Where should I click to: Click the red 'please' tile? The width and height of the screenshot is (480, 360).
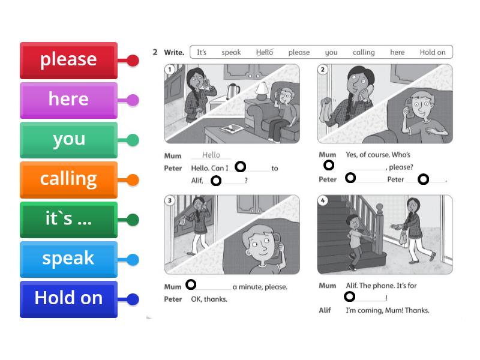click(68, 59)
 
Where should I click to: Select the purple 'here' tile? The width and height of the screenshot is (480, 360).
click(68, 99)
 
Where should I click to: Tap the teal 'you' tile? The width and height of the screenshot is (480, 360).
click(68, 139)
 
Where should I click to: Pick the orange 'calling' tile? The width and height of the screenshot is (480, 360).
click(68, 179)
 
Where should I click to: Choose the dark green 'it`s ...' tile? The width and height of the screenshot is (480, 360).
click(68, 219)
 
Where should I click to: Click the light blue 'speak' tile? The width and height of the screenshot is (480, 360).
click(68, 259)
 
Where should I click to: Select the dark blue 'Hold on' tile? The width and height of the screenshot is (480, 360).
click(68, 298)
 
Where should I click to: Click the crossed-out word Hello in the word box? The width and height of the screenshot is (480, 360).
click(264, 52)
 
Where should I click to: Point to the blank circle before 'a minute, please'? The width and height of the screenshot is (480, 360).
click(191, 284)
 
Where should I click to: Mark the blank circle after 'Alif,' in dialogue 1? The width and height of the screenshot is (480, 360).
click(216, 180)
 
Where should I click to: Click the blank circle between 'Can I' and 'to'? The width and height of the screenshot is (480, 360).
click(240, 167)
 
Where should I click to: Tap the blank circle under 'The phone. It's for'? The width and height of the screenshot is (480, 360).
click(349, 296)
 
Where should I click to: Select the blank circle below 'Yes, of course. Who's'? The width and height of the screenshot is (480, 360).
click(329, 165)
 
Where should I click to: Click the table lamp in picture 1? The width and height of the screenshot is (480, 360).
click(262, 91)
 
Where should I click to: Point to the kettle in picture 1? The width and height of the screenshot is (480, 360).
click(232, 91)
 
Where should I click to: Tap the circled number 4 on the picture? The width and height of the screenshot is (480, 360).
click(323, 200)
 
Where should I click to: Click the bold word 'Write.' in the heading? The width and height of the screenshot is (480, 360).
click(173, 52)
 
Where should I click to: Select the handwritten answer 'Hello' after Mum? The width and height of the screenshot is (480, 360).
click(211, 155)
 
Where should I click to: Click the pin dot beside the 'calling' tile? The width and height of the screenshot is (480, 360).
click(133, 179)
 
